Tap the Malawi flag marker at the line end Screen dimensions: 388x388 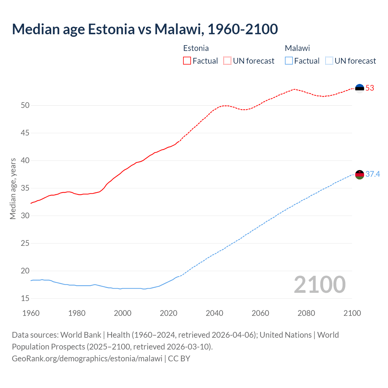pyautogui.click(x=360, y=175)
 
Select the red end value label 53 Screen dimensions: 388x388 pyautogui.click(x=370, y=88)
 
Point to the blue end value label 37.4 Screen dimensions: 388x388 pyautogui.click(x=373, y=174)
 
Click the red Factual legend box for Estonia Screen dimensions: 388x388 pyautogui.click(x=187, y=61)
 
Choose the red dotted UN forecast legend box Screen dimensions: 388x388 pyautogui.click(x=227, y=61)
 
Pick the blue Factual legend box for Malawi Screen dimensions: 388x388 pyautogui.click(x=289, y=61)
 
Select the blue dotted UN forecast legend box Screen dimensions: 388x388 pyautogui.click(x=329, y=61)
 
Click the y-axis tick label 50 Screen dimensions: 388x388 pyautogui.click(x=25, y=105)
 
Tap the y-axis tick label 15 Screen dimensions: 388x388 pyautogui.click(x=25, y=299)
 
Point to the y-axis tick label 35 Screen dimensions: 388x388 pyautogui.click(x=25, y=188)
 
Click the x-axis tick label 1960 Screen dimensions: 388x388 pyautogui.click(x=31, y=313)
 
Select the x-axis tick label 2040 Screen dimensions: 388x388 pyautogui.click(x=215, y=313)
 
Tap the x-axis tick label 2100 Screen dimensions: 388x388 pyautogui.click(x=352, y=313)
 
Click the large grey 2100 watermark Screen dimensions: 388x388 pyautogui.click(x=320, y=284)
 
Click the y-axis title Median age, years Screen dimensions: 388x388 pyautogui.click(x=13, y=189)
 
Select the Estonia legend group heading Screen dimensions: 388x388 pyautogui.click(x=196, y=48)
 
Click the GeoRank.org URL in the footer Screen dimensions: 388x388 pyautogui.click(x=87, y=359)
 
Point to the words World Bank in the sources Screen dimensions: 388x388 pyautogui.click(x=81, y=335)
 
